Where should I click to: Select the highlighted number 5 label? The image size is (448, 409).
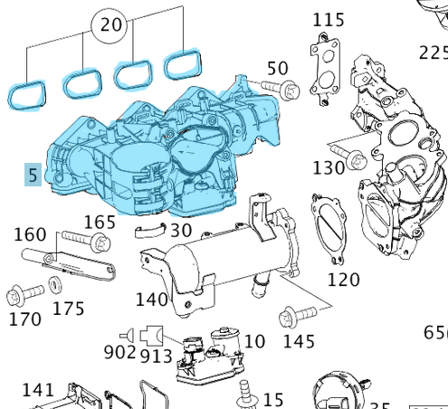click(33, 174)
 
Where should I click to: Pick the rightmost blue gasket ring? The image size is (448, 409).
click(184, 64)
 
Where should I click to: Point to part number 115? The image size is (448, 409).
click(329, 20)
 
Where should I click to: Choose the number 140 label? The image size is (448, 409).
click(151, 299)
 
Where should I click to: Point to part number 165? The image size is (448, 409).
click(100, 222)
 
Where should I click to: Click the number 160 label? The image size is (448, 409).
click(32, 235)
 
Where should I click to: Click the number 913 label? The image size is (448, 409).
click(156, 355)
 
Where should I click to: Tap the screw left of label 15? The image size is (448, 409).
click(243, 392)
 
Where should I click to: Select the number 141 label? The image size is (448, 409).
click(38, 389)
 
